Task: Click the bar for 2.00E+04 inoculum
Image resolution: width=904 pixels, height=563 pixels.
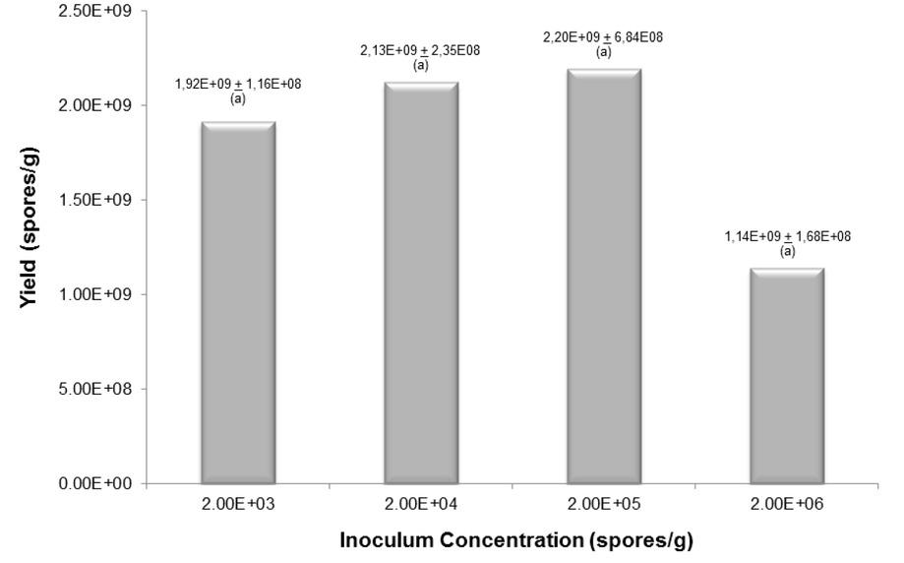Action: point(421,283)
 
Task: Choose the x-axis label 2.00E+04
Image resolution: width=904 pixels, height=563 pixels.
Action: point(421,505)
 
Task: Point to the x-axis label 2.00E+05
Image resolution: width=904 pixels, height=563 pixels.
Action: point(604,505)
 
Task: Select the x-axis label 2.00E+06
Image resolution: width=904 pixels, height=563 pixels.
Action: point(787,505)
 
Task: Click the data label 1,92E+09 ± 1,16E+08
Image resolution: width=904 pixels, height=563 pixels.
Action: point(237,85)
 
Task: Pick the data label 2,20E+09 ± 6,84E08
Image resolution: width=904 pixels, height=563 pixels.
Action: point(604,38)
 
